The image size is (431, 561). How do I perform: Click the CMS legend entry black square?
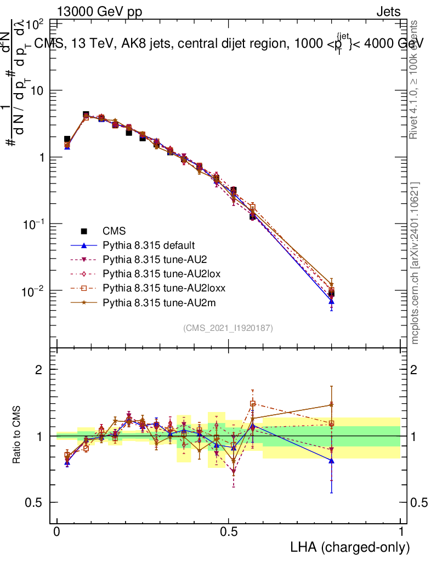[84, 231]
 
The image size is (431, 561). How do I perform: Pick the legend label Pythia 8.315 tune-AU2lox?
[156, 272]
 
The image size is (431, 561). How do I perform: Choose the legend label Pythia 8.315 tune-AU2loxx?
[158, 286]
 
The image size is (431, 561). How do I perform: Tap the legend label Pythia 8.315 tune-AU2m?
[154, 300]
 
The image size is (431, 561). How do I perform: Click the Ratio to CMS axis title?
[16, 436]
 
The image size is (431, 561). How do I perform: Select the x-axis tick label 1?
[401, 531]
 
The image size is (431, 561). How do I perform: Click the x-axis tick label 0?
[57, 531]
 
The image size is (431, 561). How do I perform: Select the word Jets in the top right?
[388, 12]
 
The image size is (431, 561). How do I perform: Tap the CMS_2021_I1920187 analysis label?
[228, 328]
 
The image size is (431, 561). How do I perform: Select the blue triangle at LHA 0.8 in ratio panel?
[331, 461]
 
